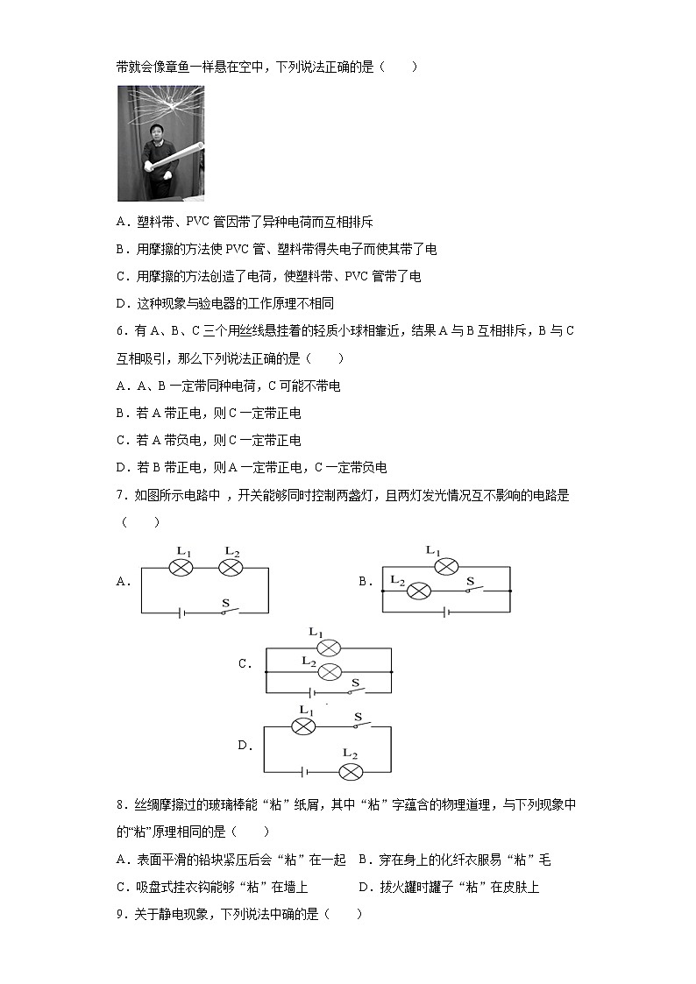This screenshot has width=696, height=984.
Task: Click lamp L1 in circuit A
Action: [181, 568]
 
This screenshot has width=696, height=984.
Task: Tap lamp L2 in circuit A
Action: [230, 568]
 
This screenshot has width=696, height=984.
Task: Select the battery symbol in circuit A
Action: [181, 612]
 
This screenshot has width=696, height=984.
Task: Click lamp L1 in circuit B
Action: [446, 567]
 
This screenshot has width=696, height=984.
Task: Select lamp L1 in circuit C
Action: [329, 648]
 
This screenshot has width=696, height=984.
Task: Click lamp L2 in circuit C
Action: [329, 672]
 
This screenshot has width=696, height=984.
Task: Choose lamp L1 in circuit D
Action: [303, 726]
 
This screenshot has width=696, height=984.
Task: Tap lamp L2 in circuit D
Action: [351, 771]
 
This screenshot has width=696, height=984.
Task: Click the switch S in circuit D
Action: [359, 726]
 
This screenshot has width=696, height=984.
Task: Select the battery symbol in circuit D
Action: [303, 772]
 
